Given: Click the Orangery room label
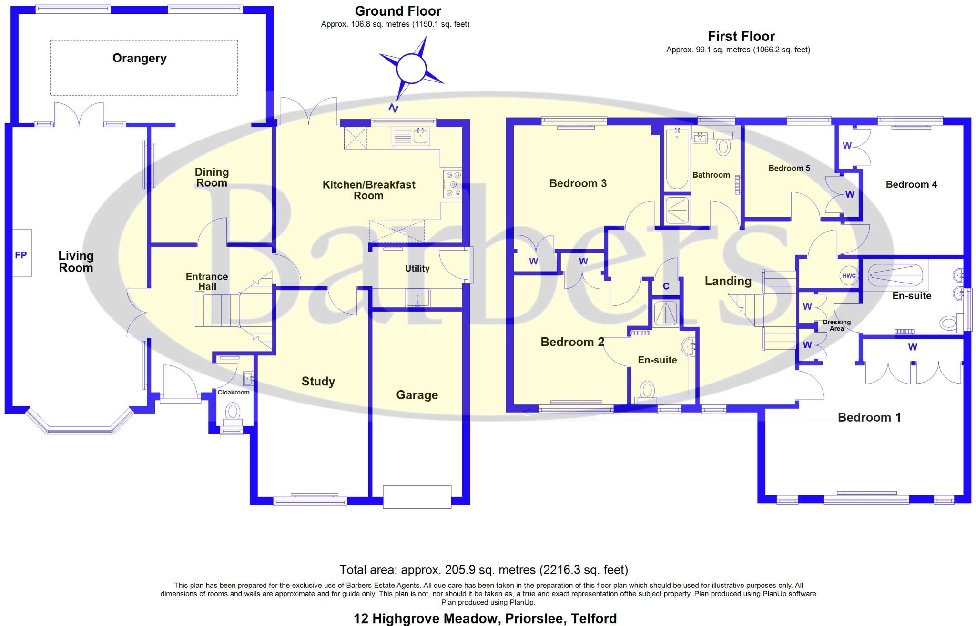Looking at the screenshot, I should point(139,58).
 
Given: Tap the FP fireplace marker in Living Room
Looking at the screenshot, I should point(21,255).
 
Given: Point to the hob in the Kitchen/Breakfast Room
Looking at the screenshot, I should point(452,184).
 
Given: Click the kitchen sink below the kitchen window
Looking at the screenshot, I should point(411,136).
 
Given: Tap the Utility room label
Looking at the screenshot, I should point(417,269).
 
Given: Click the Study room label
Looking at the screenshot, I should point(318,381).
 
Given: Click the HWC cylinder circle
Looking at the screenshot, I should point(849,276).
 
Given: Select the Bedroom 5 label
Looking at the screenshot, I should point(789,168).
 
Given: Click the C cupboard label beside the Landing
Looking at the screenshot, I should point(666,286).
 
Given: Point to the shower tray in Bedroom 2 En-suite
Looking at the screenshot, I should point(665,313).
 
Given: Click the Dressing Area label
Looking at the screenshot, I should point(836,325).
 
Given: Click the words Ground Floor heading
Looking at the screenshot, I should point(398,11).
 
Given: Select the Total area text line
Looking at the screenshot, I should point(483,570).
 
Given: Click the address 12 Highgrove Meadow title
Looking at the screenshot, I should point(485,618).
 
